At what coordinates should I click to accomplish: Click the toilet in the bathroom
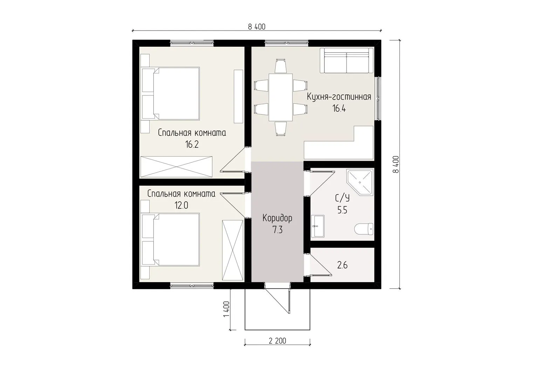(364, 229)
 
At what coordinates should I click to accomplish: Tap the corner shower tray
(360, 182)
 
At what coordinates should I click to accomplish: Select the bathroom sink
(318, 226)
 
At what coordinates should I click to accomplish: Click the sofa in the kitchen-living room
(347, 60)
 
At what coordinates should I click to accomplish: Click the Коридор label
(277, 219)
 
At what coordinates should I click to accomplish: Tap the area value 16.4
(339, 109)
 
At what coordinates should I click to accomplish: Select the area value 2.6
(342, 265)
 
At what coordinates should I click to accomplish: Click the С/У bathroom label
(342, 198)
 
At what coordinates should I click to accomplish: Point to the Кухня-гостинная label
(339, 97)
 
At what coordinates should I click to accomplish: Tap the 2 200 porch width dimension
(277, 341)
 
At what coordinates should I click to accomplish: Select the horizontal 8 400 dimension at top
(256, 27)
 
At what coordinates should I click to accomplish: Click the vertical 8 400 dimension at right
(396, 164)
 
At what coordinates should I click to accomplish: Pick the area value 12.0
(181, 206)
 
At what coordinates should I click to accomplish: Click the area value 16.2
(192, 145)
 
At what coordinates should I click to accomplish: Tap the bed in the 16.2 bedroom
(171, 94)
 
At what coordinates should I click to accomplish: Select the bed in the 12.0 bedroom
(171, 239)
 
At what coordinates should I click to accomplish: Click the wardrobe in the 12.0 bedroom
(232, 250)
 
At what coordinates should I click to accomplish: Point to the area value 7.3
(277, 230)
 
